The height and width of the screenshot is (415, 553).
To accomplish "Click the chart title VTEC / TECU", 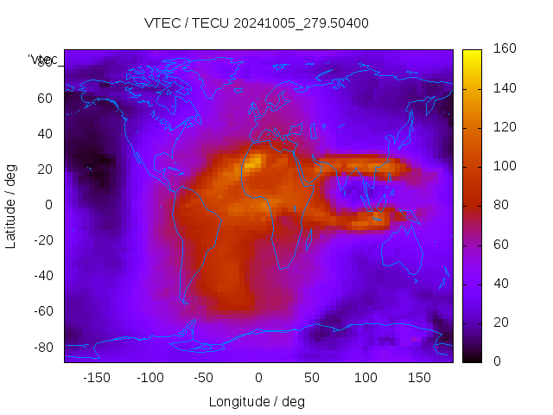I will pyautogui.click(x=257, y=23).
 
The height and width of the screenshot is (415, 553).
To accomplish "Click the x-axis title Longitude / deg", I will pyautogui.click(x=257, y=401).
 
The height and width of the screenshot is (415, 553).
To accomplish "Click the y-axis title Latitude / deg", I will pyautogui.click(x=11, y=204).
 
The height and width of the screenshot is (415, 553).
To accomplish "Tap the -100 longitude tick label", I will pyautogui.click(x=149, y=378).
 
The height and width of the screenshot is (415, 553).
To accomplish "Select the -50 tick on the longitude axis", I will pyautogui.click(x=204, y=378).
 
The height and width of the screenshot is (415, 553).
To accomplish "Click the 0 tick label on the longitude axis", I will pyautogui.click(x=258, y=378).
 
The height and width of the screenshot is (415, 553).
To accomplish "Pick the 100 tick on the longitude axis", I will pyautogui.click(x=366, y=378).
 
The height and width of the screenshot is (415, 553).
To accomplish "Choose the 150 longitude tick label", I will pyautogui.click(x=420, y=378).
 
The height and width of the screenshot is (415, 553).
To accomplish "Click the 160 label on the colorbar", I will pyautogui.click(x=505, y=49).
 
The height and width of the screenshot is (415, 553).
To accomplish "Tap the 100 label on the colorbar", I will pyautogui.click(x=505, y=166).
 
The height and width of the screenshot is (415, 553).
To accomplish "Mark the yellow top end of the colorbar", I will pyautogui.click(x=472, y=54).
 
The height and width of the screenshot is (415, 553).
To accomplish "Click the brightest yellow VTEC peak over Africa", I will pyautogui.click(x=254, y=161).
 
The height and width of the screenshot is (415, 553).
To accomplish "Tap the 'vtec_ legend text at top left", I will pyautogui.click(x=42, y=60).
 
